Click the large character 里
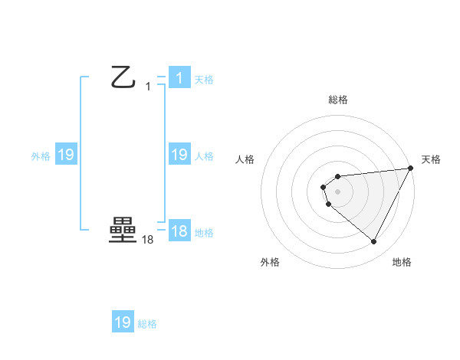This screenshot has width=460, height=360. point(123,231)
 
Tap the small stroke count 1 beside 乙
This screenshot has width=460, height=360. point(148,87)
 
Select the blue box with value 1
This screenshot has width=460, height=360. point(179,78)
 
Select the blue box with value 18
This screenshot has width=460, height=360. point(179,231)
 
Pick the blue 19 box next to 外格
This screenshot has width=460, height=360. point(65,155)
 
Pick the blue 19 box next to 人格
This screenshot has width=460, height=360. point(179,155)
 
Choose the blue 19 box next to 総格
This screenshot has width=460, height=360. point(123,322)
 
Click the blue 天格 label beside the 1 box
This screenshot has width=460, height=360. point(204,80)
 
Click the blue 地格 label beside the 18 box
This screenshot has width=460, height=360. point(204,233)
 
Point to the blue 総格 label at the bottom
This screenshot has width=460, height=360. point(147,324)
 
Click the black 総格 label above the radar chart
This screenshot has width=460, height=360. point(337,100)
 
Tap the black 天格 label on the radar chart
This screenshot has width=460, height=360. point(431,159)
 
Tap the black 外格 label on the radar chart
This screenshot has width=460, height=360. point(270,262)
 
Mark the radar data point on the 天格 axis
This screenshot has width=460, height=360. point(411,169)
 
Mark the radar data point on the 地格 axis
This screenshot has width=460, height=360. point(374,242)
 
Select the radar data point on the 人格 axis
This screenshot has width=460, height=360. point(324,187)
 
